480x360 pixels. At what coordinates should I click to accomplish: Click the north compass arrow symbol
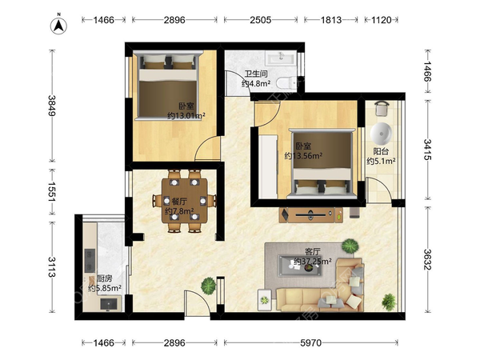coord(58,25)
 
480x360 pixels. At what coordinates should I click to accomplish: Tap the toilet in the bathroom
coord(286,82)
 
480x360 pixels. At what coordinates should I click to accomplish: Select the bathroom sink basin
coord(281,58)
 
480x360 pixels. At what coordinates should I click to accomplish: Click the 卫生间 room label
coord(256,74)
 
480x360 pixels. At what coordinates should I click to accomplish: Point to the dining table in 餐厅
coord(185,201)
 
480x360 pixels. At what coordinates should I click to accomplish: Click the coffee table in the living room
coord(300,266)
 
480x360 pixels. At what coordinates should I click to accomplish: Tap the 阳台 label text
coord(381,151)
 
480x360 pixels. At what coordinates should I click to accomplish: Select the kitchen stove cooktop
coord(90,261)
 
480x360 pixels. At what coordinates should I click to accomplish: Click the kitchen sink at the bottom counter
coord(109,304)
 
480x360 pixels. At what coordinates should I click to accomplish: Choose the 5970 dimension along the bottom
coord(310,343)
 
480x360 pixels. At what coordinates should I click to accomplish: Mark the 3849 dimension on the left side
coord(52,106)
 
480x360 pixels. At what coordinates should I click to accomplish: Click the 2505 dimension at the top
coord(261,20)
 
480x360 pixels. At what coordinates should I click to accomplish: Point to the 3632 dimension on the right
coord(427,259)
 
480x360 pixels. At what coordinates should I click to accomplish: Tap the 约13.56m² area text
coord(303,156)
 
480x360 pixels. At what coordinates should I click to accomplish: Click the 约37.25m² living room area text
coord(313,261)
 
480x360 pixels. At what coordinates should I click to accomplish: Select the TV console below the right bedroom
coord(311,214)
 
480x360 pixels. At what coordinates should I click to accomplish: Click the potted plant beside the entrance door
coord(209,286)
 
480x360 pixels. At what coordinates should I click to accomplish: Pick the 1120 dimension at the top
coord(382,20)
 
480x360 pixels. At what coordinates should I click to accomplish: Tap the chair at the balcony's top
coord(382,108)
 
